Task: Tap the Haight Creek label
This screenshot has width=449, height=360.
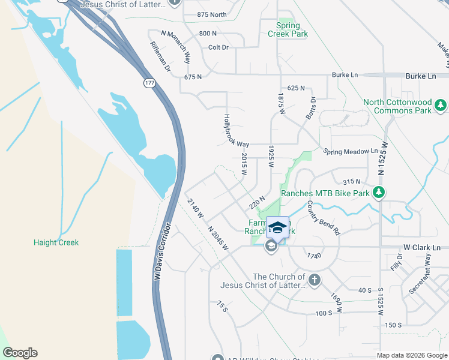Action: pos(56,242)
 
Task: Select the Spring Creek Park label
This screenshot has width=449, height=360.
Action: pos(292,29)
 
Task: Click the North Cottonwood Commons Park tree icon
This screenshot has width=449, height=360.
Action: pos(441,106)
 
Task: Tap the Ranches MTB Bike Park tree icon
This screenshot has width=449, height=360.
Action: pos(378,193)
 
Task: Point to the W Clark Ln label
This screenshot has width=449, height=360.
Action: pos(421,247)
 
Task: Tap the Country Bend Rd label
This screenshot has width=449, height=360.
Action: pos(324,218)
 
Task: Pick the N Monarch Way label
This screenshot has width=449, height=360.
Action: pos(176,47)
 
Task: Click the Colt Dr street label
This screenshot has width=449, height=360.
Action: pos(218,47)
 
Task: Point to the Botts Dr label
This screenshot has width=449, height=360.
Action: pos(310,108)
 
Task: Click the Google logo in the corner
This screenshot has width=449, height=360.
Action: pos(20,353)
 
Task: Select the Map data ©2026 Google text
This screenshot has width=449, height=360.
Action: pos(411,355)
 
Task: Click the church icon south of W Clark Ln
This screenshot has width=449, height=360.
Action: pos(314,280)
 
